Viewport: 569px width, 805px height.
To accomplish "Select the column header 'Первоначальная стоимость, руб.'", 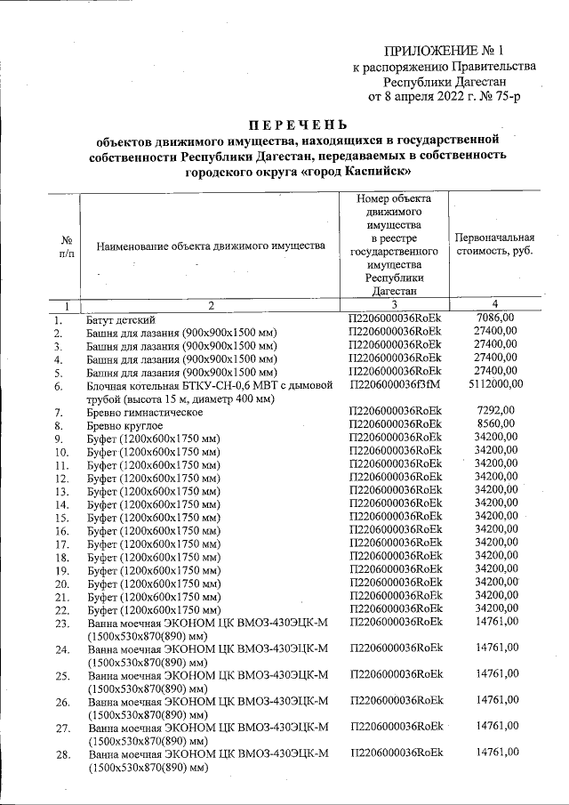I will [x=493, y=245].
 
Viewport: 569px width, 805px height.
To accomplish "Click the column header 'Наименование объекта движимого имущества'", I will [x=211, y=246].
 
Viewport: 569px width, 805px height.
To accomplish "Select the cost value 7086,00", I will [x=495, y=318].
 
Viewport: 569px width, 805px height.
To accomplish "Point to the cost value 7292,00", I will [x=495, y=412].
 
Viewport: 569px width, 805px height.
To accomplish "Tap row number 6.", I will [x=59, y=386].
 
